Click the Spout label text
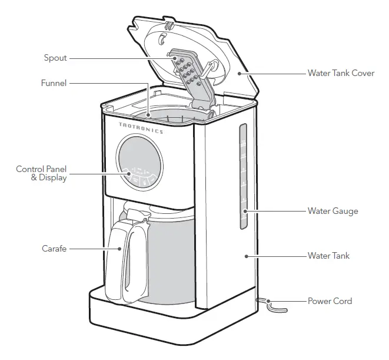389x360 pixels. (x=55, y=58)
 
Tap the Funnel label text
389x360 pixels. (x=54, y=83)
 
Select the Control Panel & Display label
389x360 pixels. (x=41, y=173)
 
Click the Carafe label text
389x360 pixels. (x=54, y=249)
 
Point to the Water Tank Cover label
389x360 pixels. (x=341, y=74)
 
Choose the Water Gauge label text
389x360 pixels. (x=333, y=210)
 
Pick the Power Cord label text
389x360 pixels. (x=330, y=301)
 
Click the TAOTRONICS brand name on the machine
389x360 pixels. (x=141, y=127)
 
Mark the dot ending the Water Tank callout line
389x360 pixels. (x=246, y=256)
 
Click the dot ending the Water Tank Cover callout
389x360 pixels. (x=239, y=74)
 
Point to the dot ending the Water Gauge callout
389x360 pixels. (x=245, y=210)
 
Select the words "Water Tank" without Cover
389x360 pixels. (x=328, y=256)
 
